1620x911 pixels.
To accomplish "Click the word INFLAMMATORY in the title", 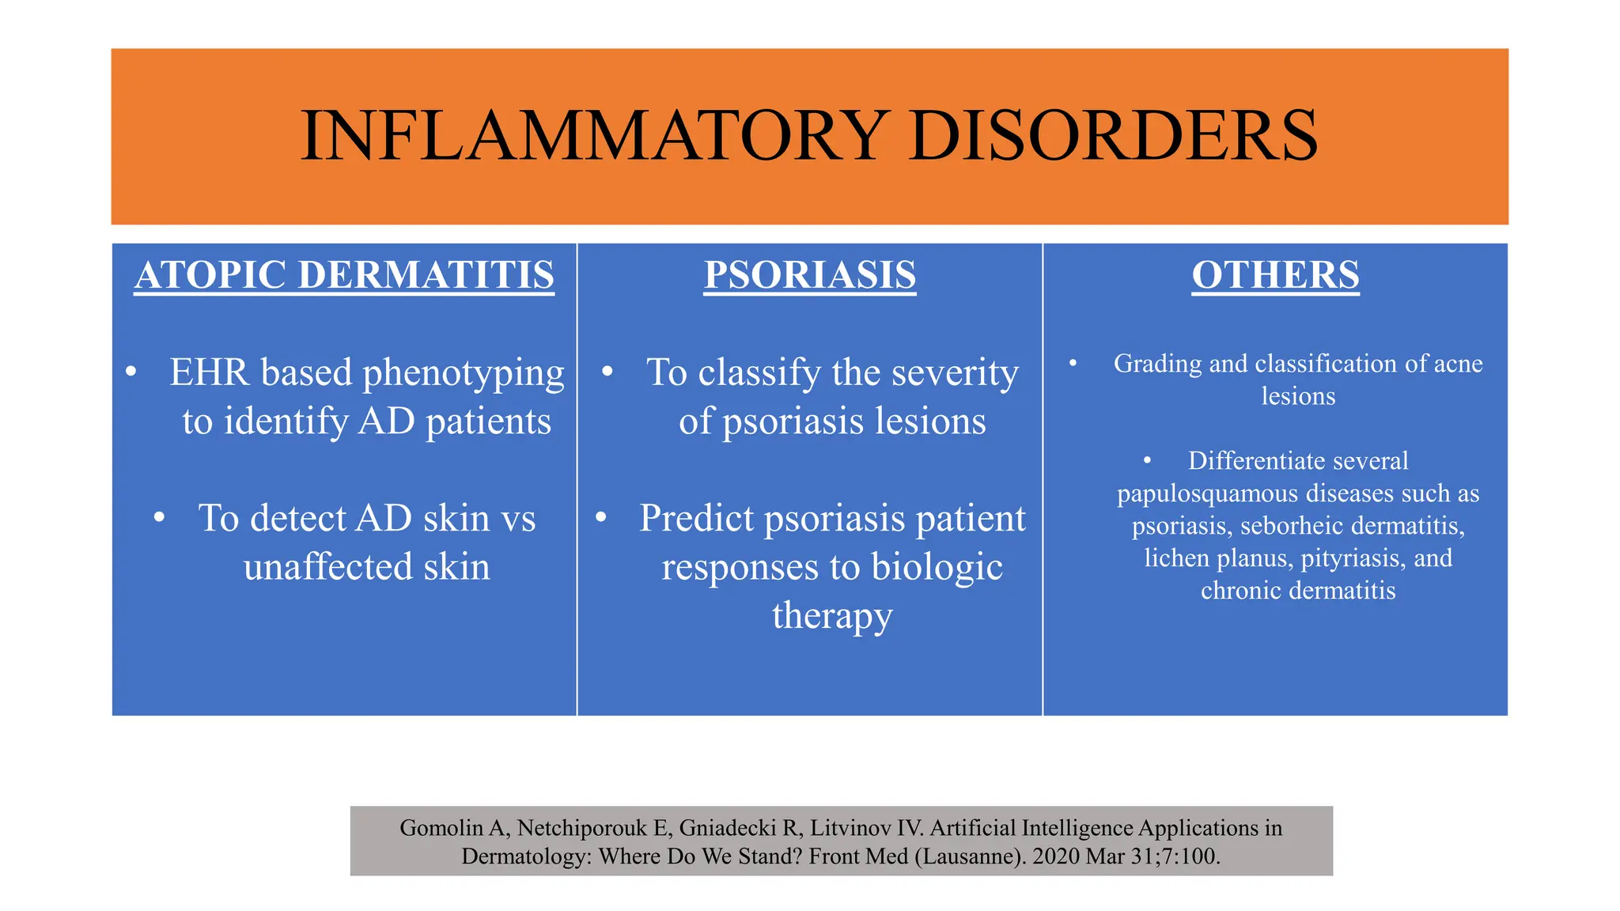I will (x=594, y=136).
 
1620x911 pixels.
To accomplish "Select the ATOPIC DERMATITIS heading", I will (x=344, y=274).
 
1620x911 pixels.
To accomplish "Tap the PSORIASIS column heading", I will (x=809, y=274).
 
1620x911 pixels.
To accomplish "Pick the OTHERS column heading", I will (x=1275, y=274).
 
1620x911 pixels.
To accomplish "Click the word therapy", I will (x=831, y=616).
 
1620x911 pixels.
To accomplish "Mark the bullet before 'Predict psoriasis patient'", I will (x=601, y=518).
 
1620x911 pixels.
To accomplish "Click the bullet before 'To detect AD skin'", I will (x=160, y=518).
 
